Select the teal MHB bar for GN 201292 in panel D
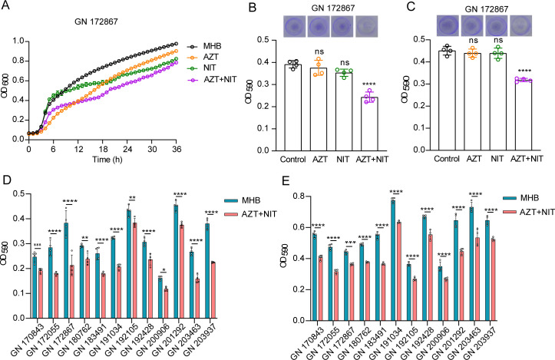click(x=220, y=239)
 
